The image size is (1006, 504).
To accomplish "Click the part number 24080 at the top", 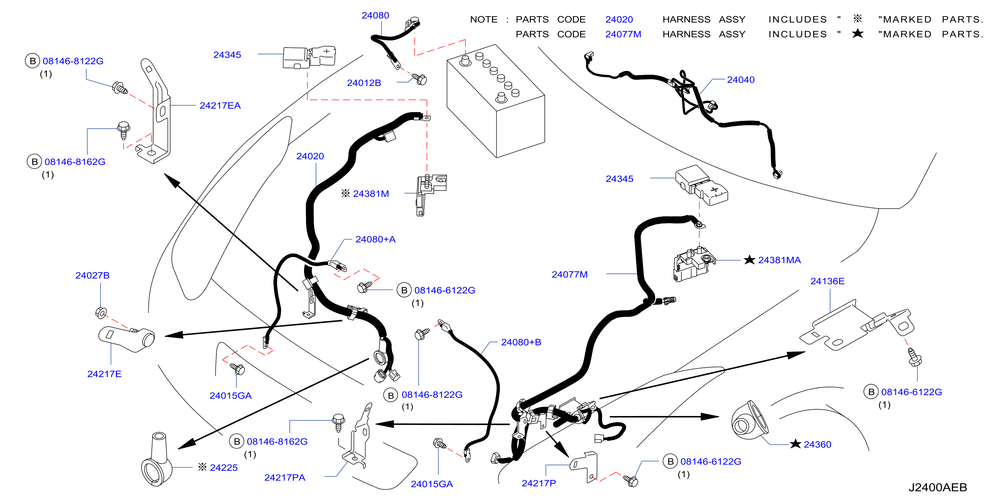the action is coord(375,15).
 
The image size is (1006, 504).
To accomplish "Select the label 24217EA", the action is coord(220,105).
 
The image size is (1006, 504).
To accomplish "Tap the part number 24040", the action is coord(740,79).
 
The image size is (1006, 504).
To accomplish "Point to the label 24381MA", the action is coord(779,260).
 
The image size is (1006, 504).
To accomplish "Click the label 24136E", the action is coord(827,281).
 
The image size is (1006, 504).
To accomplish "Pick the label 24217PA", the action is coord(284,478).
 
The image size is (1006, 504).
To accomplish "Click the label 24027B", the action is coord(92,275).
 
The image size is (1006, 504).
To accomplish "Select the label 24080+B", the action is coord(521,342).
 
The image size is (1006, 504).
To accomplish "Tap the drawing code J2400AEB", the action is coord(937,487).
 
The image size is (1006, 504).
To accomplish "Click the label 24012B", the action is coord(364,83).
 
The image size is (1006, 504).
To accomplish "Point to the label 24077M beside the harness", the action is coord(569,274).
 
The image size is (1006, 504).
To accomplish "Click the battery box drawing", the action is coord(496,102).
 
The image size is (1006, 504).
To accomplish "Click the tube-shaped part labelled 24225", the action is coord(157,459).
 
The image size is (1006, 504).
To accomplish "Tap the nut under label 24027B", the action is coord(101,312).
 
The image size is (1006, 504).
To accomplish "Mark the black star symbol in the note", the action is coord(858,34).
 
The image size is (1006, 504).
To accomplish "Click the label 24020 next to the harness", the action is coord(310,156).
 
